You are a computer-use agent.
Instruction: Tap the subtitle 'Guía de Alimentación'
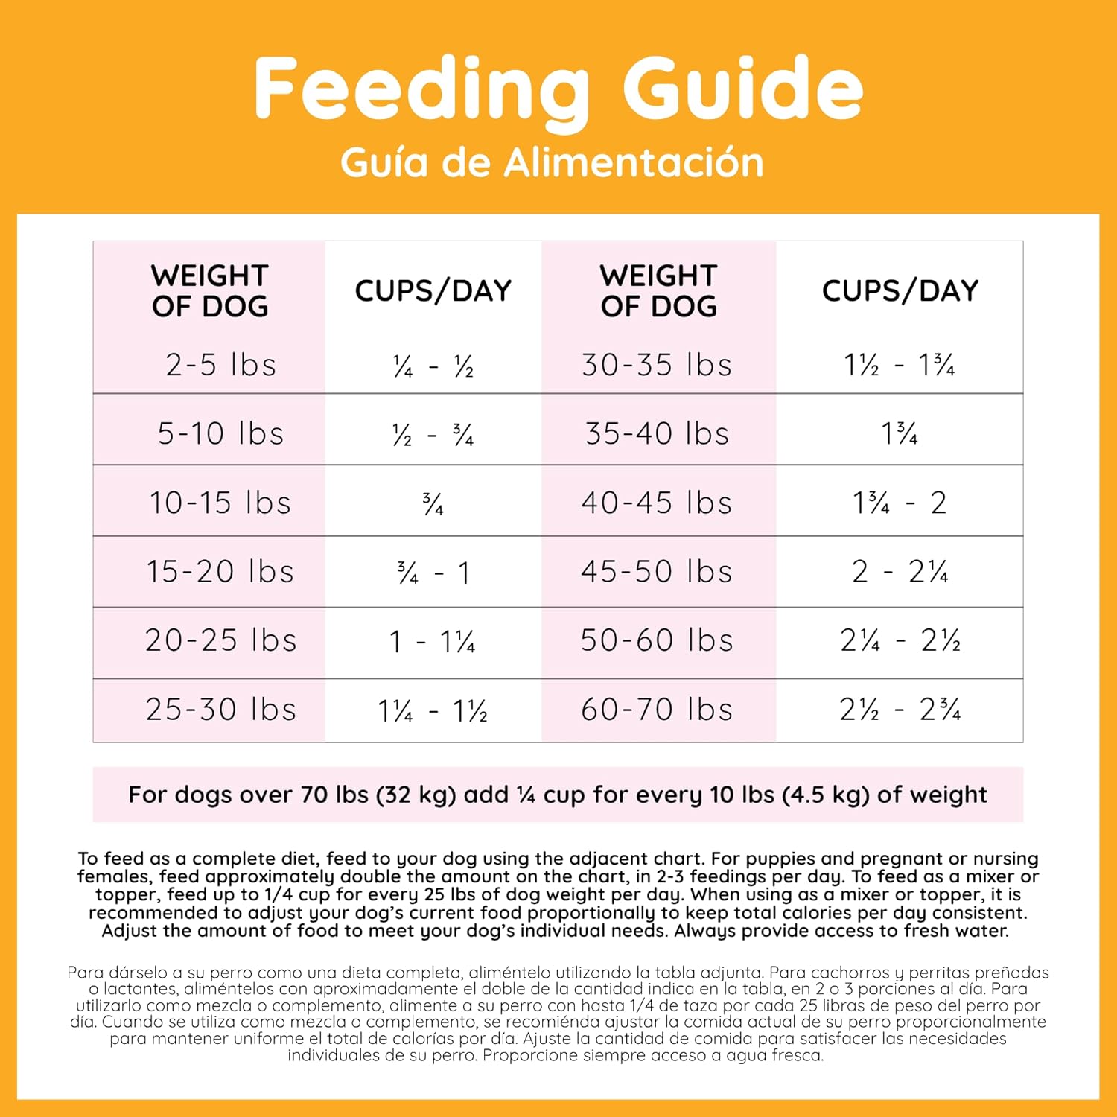click(x=552, y=162)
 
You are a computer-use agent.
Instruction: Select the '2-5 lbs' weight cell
click(x=220, y=365)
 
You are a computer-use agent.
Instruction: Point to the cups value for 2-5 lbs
click(x=433, y=366)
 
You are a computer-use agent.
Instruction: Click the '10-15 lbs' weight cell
click(x=220, y=503)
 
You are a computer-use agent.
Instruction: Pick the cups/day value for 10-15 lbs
click(x=433, y=504)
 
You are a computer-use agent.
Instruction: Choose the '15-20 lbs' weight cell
click(x=220, y=571)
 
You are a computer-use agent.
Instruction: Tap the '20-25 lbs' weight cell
click(x=220, y=640)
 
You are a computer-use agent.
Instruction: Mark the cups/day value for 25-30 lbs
click(x=433, y=710)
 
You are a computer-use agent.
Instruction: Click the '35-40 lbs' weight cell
click(x=657, y=433)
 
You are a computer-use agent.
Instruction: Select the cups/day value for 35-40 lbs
click(x=900, y=433)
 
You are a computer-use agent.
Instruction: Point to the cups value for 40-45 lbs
click(x=900, y=503)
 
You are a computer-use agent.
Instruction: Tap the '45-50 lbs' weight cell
click(x=657, y=571)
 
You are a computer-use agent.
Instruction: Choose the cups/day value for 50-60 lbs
click(x=900, y=640)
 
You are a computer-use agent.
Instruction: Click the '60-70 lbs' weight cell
click(x=657, y=710)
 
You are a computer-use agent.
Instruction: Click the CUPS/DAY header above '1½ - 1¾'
click(x=900, y=290)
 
